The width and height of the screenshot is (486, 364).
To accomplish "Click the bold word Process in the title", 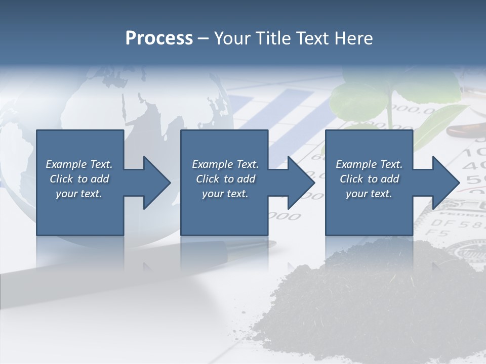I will tap(159, 38).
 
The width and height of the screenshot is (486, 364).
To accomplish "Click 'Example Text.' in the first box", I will tap(79, 164).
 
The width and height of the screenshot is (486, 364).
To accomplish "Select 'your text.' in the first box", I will tap(79, 194).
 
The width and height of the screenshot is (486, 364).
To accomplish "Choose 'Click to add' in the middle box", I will tap(225, 179).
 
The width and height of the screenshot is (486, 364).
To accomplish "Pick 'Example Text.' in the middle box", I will tap(225, 164).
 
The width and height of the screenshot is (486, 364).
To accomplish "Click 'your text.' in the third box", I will tap(369, 194).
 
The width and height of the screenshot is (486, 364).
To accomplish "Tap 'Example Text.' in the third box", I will tap(369, 164).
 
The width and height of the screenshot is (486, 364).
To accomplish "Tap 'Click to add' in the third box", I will tap(369, 179).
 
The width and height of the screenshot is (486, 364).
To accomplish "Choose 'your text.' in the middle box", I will tap(225, 194).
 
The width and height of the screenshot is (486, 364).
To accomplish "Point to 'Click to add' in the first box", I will tap(79, 179).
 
